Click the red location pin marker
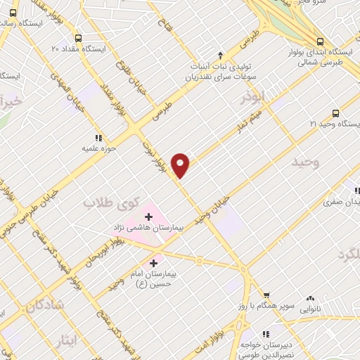tap(181, 165)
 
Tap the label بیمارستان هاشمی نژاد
tap(144, 229)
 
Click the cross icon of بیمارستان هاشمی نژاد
tap(149, 216)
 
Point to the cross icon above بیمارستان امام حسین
tap(154, 263)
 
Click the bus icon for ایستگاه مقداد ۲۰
tap(77, 38)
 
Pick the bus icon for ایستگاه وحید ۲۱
tap(335, 112)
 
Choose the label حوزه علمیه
tap(97, 149)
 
